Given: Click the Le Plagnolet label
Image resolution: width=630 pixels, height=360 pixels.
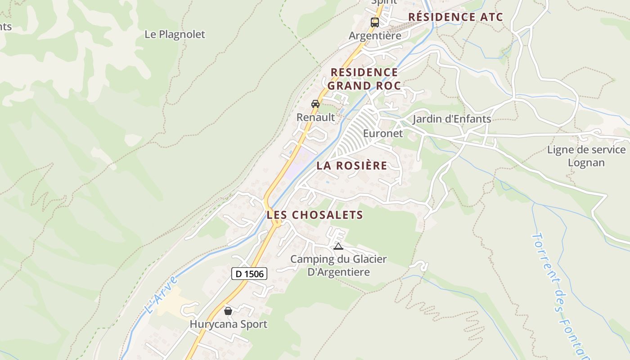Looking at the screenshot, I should [175, 34].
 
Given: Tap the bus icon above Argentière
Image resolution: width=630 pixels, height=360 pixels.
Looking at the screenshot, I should [375, 22].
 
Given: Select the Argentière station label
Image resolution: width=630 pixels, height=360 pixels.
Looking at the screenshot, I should [375, 36].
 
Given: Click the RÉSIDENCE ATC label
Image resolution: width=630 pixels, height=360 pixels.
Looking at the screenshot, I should [455, 17].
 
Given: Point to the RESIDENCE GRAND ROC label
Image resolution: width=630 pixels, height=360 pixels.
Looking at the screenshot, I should [364, 79].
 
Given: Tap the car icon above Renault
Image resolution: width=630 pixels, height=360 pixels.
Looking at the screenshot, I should [315, 103].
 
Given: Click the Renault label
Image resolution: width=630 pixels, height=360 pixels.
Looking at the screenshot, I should [315, 117].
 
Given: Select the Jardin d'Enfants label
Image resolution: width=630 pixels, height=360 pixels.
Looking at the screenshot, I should [452, 119].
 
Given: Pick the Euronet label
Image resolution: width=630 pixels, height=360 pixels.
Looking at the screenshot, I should [383, 134].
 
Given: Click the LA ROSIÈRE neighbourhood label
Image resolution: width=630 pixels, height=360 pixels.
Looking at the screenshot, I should [351, 165].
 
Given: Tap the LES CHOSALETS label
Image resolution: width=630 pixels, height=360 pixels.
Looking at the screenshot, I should [315, 215].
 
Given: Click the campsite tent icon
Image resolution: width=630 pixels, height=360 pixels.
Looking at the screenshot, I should [338, 246].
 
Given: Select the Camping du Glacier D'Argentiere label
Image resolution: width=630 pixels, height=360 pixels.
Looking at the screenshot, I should [338, 265].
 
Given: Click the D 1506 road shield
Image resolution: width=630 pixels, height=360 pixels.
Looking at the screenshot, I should [249, 273].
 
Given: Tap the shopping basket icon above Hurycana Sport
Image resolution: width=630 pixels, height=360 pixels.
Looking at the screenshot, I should [228, 310].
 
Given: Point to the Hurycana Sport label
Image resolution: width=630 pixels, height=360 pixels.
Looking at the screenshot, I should [228, 324].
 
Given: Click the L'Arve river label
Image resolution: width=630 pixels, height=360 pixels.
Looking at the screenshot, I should [161, 295].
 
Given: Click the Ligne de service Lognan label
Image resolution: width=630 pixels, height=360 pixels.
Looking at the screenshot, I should [586, 156].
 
